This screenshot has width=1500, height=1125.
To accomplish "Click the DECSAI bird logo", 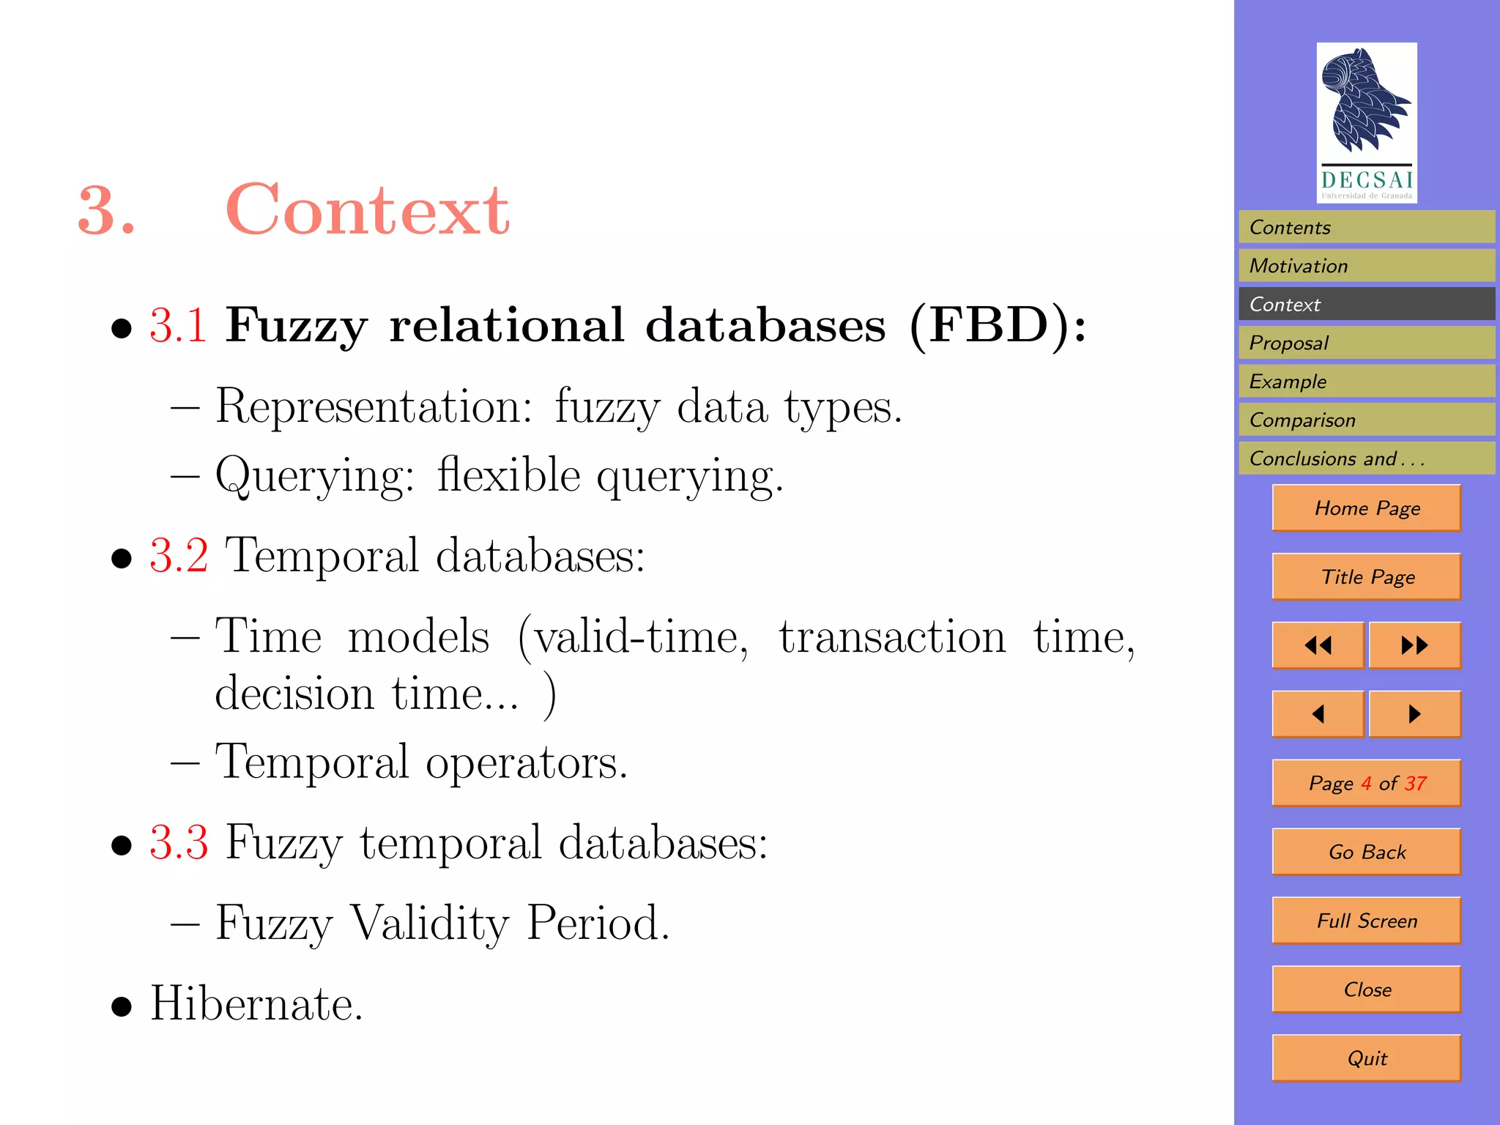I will pos(1366,122).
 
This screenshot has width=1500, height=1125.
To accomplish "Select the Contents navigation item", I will pos(1366,227).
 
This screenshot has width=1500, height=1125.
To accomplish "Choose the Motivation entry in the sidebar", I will pos(1366,266).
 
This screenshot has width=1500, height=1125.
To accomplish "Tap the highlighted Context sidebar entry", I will pos(1366,304).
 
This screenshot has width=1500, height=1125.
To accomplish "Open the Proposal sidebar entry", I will pos(1366,343).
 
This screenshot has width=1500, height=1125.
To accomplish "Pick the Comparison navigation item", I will pos(1366,420).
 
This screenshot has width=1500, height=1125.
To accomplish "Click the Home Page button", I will pos(1366,508).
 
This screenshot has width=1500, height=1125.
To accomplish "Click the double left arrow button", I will pos(1318,645).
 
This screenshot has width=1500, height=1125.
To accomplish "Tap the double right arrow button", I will pos(1414,645).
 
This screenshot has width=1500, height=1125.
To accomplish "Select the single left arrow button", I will pos(1318,713).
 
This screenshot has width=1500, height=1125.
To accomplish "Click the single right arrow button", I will pos(1414,713).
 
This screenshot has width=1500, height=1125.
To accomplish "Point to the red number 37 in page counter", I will pos(1415,783).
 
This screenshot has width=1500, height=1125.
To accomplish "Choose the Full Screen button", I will pos(1366,921).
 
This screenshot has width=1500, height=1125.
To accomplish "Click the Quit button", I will pos(1366,1058).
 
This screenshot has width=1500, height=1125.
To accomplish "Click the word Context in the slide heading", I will pos(367,211).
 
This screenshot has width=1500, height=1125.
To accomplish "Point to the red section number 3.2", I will pos(179,555).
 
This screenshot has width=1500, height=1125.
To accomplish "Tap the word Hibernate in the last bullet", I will pos(256,1003).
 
